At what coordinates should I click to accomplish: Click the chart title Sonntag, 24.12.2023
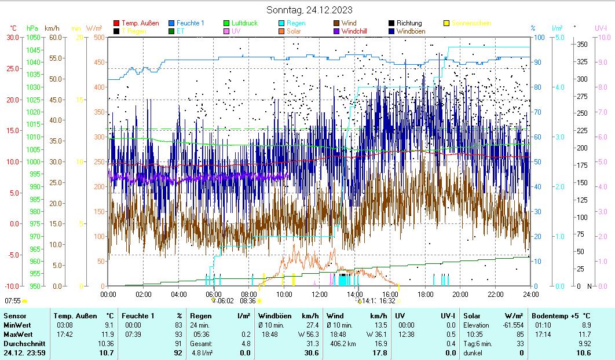click(309, 10)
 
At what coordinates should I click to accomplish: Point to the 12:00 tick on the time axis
click(320, 294)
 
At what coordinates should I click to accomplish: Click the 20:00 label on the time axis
click(460, 294)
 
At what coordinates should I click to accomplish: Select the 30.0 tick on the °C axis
click(13, 38)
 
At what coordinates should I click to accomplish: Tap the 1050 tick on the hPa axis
click(34, 38)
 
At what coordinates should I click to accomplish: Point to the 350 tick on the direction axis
click(582, 45)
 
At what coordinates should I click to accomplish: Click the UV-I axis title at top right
click(601, 28)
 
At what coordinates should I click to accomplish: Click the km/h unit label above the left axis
click(52, 28)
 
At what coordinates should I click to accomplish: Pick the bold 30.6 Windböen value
click(312, 352)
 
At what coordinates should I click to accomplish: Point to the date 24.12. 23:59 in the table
click(25, 352)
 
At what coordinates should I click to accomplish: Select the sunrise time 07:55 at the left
click(12, 301)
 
